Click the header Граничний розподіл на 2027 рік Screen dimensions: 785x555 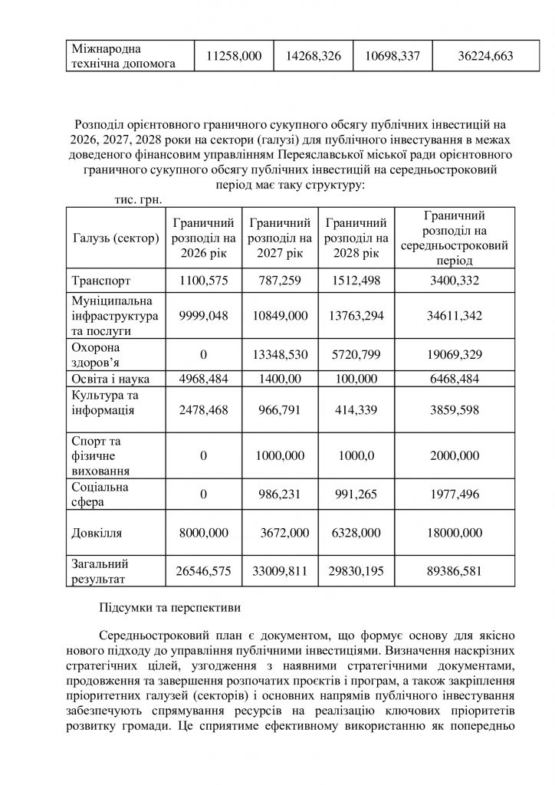pyautogui.click(x=280, y=238)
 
